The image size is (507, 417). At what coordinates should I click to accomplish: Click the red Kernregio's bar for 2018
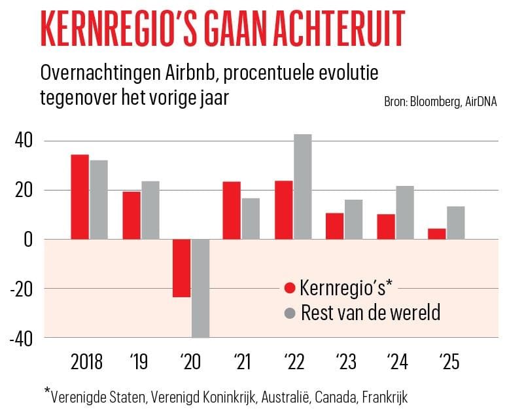click(80, 197)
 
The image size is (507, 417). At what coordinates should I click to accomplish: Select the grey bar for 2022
click(303, 187)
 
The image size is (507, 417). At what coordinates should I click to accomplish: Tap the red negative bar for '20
click(181, 268)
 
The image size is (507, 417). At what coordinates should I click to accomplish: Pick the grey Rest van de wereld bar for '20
click(200, 288)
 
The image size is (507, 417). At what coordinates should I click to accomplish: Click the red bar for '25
click(436, 234)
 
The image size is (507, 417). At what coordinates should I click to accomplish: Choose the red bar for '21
click(232, 210)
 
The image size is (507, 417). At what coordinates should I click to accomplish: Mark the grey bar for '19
click(150, 210)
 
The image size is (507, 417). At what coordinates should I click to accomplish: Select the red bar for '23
click(334, 226)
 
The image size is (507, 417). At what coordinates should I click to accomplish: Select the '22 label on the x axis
click(293, 361)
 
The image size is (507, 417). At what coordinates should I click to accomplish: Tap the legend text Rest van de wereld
click(370, 312)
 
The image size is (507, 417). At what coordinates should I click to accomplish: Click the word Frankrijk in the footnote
click(386, 396)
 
